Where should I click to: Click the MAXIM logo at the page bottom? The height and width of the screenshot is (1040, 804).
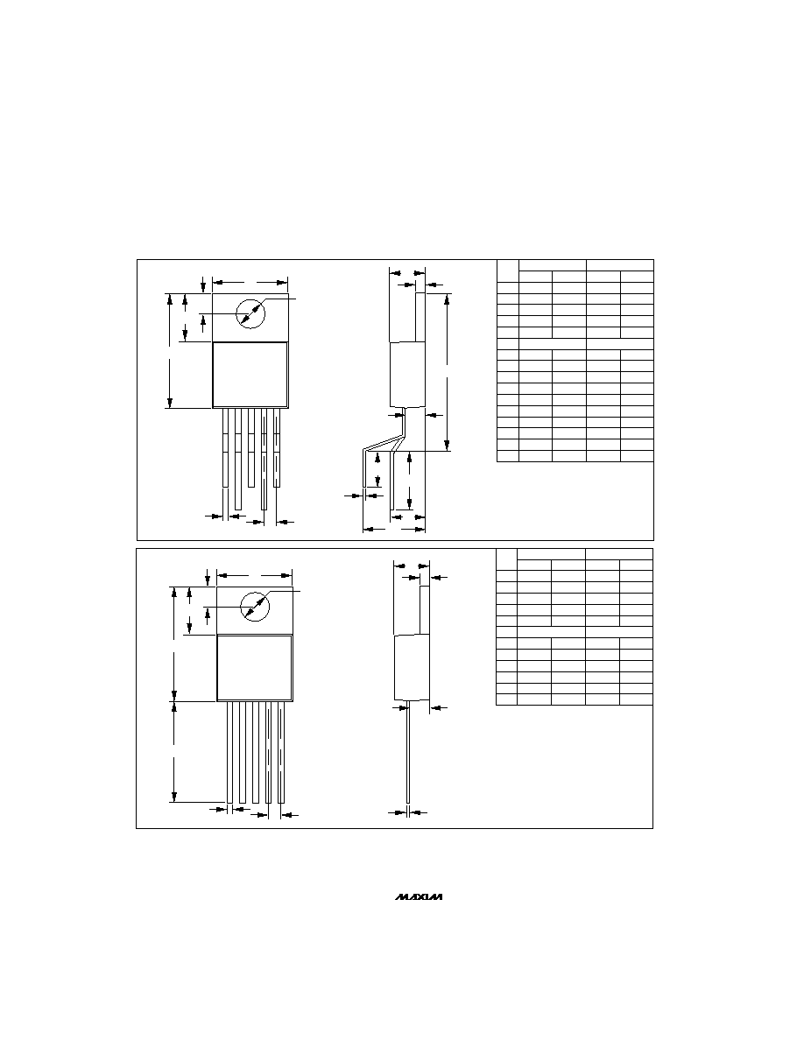tap(420, 897)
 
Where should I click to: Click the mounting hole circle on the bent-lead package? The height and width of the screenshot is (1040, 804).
tap(250, 313)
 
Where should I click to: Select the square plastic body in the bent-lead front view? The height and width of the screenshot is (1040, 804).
tap(250, 375)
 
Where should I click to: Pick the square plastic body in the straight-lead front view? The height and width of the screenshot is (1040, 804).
tap(255, 668)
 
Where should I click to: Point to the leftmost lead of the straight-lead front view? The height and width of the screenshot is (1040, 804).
tap(229, 752)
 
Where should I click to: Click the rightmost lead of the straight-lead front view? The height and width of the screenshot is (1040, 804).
tap(281, 752)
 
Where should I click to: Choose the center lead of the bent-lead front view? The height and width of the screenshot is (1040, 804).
tap(250, 447)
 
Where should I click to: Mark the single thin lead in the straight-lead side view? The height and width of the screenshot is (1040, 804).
tap(408, 751)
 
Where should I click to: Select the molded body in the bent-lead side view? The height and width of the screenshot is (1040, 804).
tap(406, 375)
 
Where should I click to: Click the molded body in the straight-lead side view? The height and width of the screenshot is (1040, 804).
tap(412, 668)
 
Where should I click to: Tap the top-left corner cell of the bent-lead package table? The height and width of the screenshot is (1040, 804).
tap(507, 271)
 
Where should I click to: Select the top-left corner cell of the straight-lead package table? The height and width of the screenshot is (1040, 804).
tap(507, 559)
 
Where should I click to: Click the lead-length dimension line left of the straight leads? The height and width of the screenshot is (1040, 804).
tap(174, 751)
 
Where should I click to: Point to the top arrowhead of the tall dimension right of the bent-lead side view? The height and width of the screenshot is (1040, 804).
tap(448, 297)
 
